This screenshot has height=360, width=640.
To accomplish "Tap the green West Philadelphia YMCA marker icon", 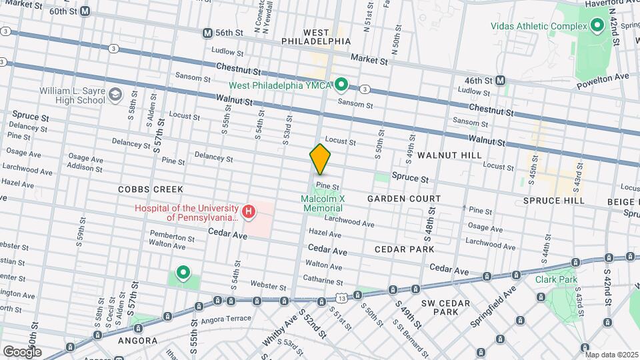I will (x=342, y=85).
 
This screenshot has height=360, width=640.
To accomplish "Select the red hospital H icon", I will (x=249, y=213).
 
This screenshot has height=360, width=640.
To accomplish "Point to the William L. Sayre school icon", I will (x=116, y=95).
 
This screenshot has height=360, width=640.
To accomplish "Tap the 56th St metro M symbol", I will (x=207, y=33).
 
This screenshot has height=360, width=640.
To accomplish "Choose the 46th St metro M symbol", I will (x=500, y=80).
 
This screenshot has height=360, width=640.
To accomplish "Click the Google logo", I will (x=22, y=351).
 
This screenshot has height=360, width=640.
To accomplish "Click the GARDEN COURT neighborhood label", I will (x=404, y=199).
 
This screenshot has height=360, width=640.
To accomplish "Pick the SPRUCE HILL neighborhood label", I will (x=554, y=200).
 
